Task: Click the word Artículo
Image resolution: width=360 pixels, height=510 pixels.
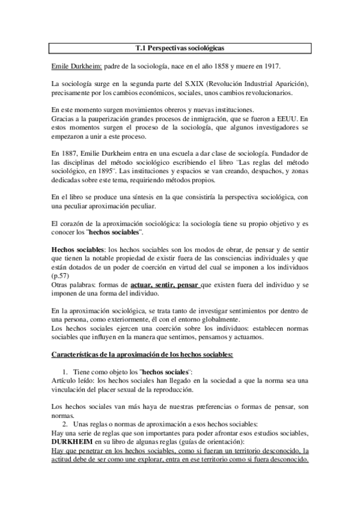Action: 66,381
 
